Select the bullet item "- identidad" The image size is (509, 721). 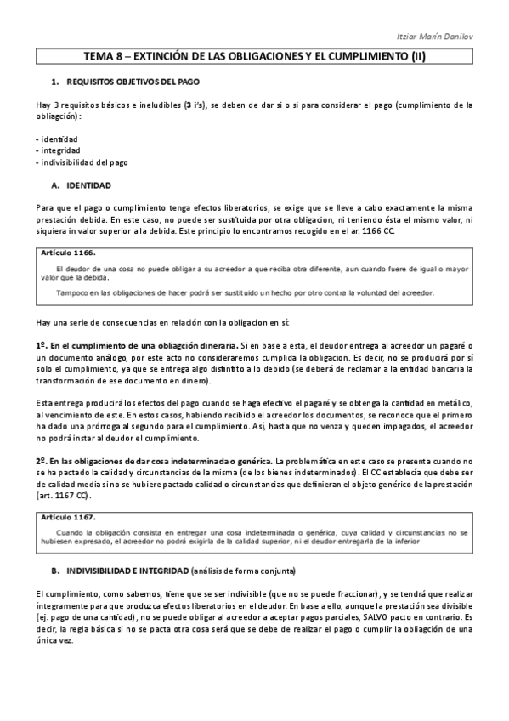[57, 138]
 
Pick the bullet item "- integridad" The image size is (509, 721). [58, 150]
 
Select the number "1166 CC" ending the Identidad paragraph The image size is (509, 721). [398, 231]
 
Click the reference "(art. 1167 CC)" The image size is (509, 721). [67, 495]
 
